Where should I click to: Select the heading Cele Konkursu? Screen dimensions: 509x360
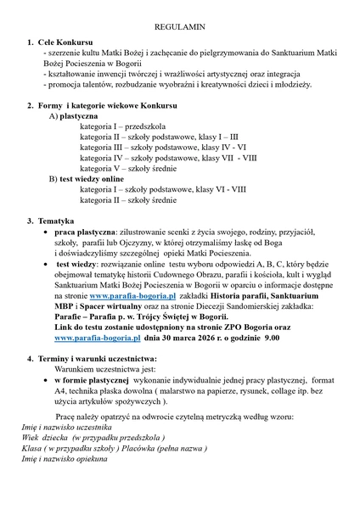click(70, 42)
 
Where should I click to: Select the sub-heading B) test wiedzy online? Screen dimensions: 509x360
click(87, 179)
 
